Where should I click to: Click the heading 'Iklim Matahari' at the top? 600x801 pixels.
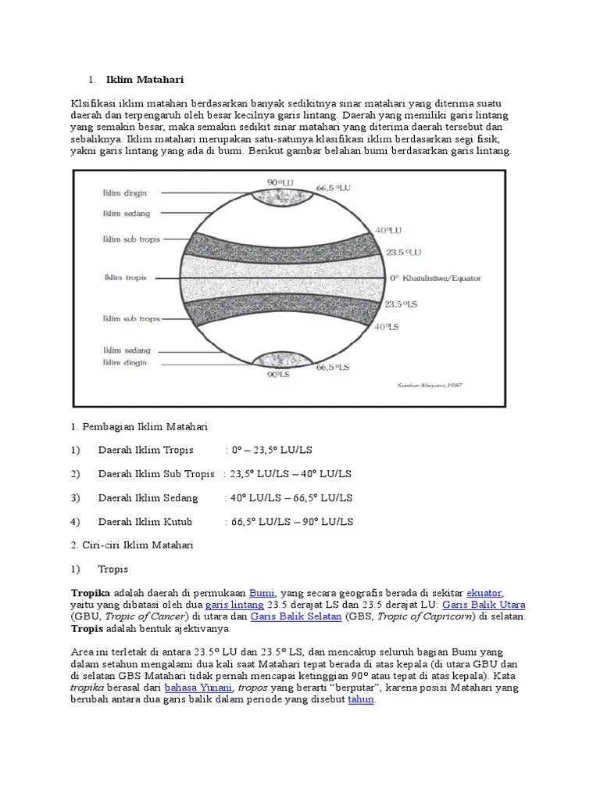(145, 79)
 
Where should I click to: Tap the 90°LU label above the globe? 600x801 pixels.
(280, 182)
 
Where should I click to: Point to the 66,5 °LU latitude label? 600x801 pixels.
(334, 189)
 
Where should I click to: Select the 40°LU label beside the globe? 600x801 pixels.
(387, 231)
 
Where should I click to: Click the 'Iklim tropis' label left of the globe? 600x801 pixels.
(126, 277)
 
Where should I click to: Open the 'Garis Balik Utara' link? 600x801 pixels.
(484, 605)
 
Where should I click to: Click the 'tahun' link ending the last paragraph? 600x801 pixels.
(361, 699)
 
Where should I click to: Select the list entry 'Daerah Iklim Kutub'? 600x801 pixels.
(145, 522)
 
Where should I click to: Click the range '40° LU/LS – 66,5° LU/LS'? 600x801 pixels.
(290, 497)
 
